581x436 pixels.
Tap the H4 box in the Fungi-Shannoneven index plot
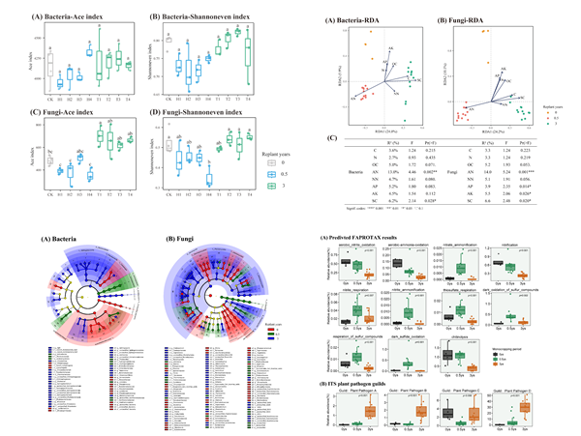pos(205,181)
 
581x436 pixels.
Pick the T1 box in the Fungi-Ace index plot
pos(101,138)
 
